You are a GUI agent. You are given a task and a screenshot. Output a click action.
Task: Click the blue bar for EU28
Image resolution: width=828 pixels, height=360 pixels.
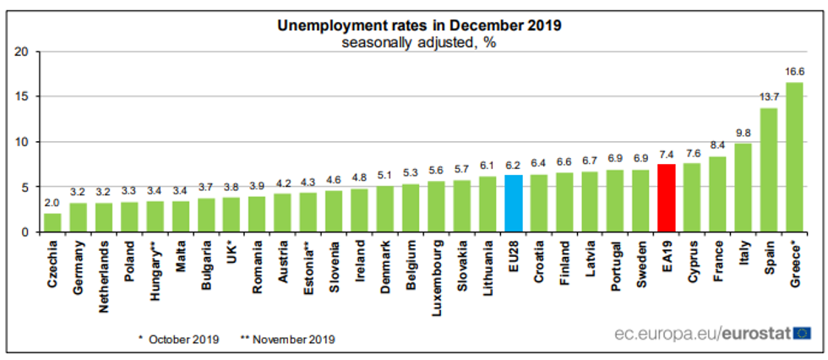513,204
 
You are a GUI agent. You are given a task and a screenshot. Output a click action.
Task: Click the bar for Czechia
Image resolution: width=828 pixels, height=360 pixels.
52,222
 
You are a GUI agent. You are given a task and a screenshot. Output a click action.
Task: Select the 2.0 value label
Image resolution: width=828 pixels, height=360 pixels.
52,204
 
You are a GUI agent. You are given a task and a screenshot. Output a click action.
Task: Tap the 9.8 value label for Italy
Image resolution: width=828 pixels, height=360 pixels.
743,134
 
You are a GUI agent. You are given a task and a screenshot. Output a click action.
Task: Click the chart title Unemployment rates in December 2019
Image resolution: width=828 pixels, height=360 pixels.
420,25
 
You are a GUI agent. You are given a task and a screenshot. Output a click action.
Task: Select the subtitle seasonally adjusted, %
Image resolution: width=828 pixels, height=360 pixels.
420,43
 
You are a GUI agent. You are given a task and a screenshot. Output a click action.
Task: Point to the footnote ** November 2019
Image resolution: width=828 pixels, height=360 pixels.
288,340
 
